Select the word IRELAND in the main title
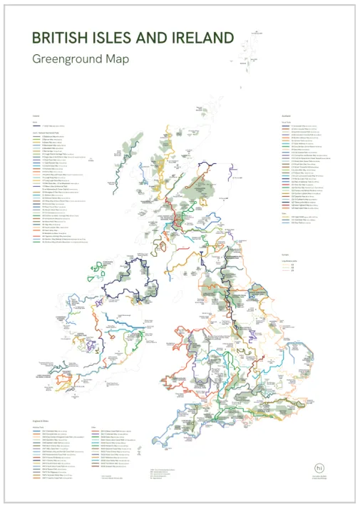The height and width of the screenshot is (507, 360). pos(204,38)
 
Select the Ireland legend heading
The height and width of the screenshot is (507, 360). pos(36,116)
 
